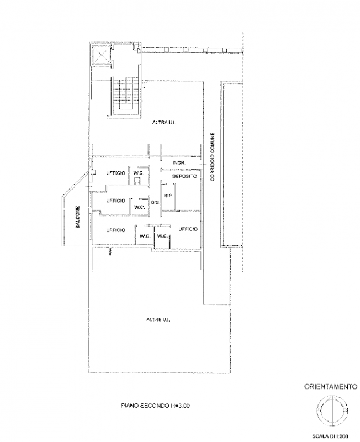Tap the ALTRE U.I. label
(158, 320)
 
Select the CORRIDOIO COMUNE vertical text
(213, 156)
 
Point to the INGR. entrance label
(178, 162)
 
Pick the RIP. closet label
(168, 196)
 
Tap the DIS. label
(155, 202)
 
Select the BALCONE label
(78, 217)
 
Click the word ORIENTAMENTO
(331, 387)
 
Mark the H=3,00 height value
(180, 406)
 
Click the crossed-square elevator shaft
(100, 55)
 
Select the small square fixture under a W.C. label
(137, 181)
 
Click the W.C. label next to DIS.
(140, 207)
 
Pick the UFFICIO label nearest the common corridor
(188, 229)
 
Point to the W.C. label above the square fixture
(139, 173)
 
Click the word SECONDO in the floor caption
(155, 406)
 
